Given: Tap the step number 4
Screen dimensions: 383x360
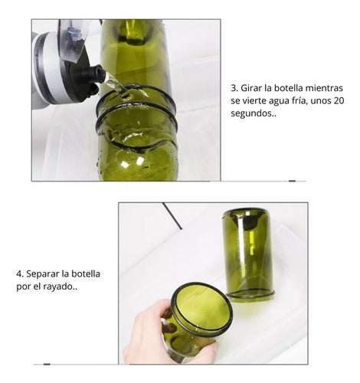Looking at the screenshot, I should (x=18, y=273).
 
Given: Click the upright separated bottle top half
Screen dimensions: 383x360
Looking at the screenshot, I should (x=247, y=253).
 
